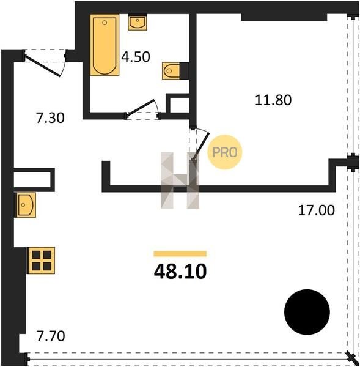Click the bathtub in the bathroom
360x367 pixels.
click(105, 45)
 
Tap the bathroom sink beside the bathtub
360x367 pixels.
click(138, 22)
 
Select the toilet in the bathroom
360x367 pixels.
click(171, 71)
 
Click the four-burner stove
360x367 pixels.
click(41, 261)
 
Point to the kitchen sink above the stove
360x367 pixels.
click(25, 205)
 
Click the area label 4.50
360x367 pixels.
click(136, 57)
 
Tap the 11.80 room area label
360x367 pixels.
click(273, 100)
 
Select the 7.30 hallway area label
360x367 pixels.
click(50, 117)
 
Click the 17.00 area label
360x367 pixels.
click(316, 210)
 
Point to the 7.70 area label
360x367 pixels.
click(51, 336)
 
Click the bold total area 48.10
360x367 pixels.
click(180, 272)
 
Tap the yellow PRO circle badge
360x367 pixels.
click(224, 152)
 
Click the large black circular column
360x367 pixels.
click(307, 312)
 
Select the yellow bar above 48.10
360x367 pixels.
click(180, 254)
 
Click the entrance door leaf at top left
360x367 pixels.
click(43, 65)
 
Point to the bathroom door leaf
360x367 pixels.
click(140, 108)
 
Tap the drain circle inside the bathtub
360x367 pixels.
click(105, 23)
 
